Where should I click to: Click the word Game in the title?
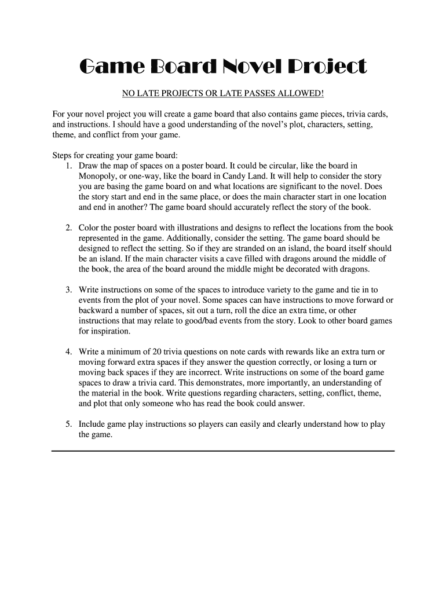(x=111, y=67)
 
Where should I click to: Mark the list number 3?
(x=68, y=290)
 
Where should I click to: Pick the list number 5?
(x=68, y=424)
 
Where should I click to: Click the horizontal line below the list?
(x=223, y=451)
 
